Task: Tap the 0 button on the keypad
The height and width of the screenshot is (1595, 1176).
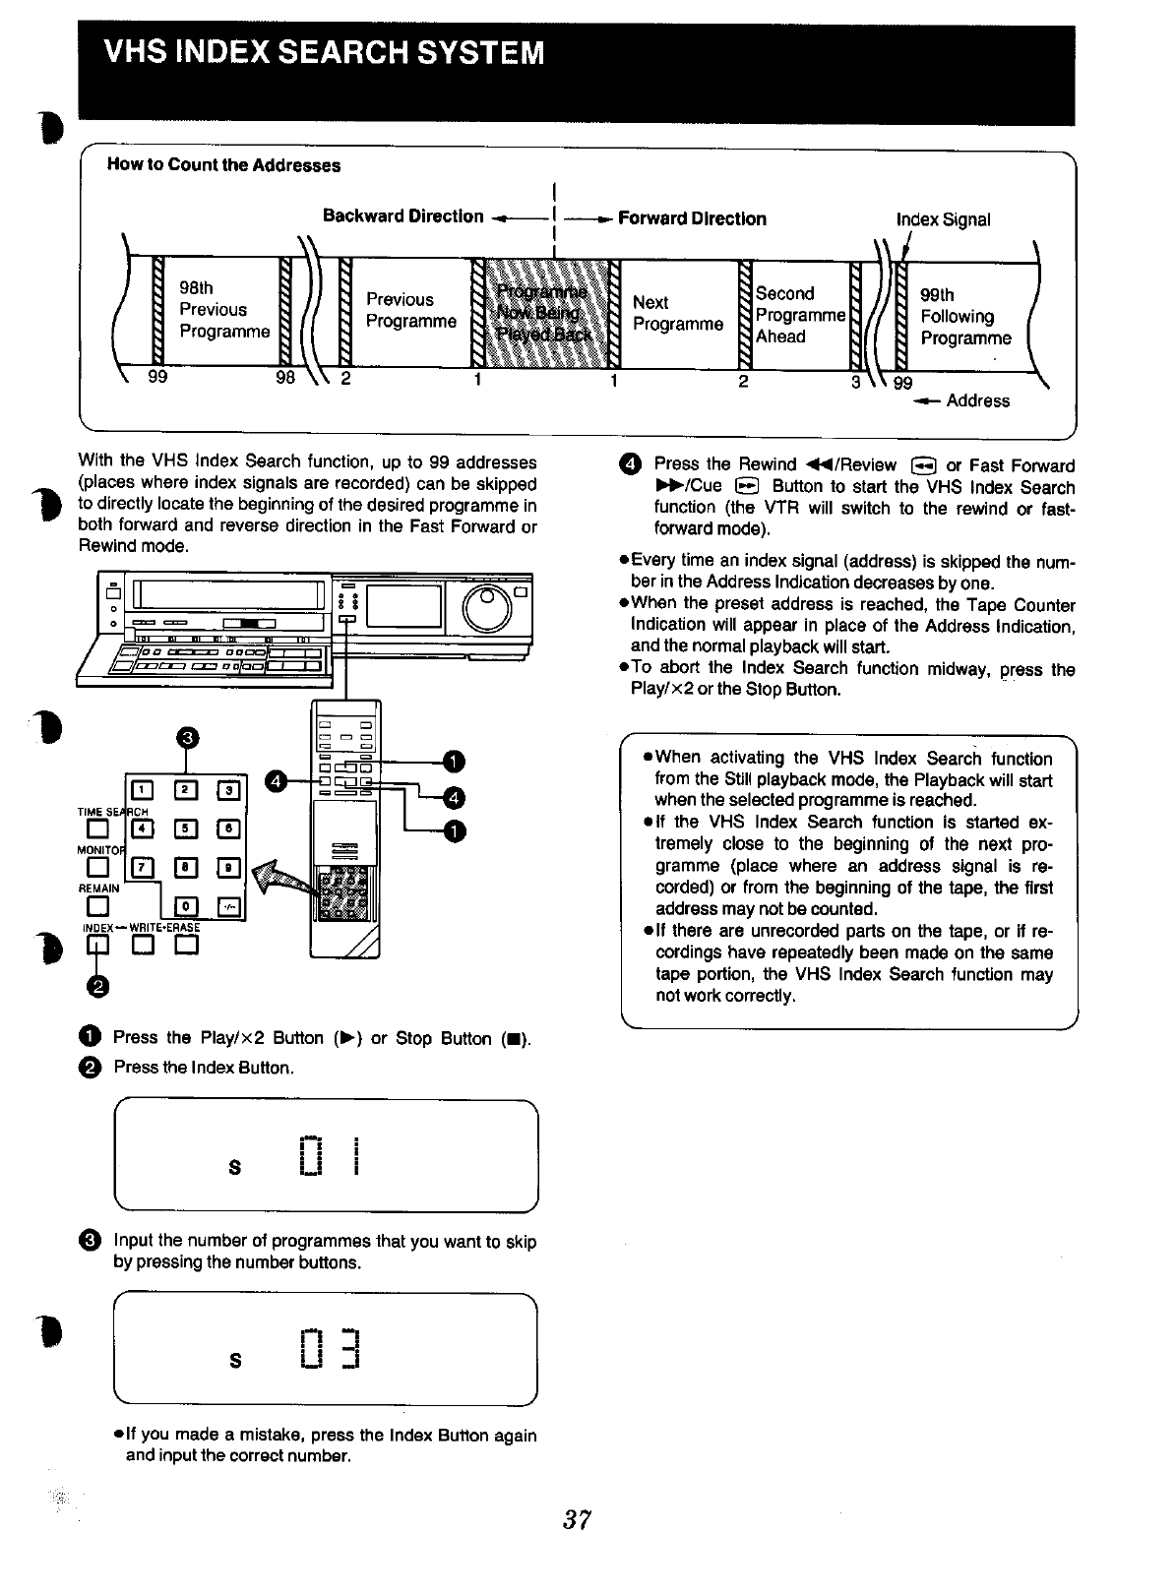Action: (x=183, y=905)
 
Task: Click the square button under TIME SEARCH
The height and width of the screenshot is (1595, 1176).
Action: (x=95, y=830)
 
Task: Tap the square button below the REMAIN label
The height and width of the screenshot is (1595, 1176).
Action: (x=95, y=906)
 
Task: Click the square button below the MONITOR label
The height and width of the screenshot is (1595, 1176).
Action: (x=95, y=868)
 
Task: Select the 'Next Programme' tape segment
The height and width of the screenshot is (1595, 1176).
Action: (x=677, y=313)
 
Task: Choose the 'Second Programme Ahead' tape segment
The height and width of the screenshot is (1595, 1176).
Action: (x=799, y=315)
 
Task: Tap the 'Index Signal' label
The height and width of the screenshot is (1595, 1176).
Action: (x=943, y=219)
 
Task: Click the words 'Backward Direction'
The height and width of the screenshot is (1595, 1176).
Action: (x=402, y=216)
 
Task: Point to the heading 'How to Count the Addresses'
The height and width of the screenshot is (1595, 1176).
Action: (x=223, y=165)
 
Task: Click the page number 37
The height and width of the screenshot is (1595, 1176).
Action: (x=576, y=1520)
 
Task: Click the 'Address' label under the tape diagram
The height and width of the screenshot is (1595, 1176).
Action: (x=977, y=400)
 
